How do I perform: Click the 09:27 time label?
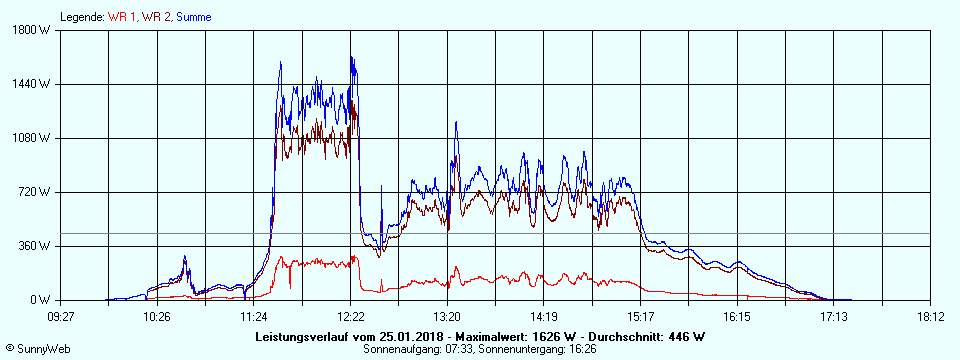click(x=61, y=316)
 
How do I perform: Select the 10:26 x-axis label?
click(x=157, y=316)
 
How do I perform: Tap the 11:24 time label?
click(x=254, y=316)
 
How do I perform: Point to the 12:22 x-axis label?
click(x=351, y=316)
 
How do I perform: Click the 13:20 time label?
click(x=447, y=316)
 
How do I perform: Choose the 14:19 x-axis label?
click(x=544, y=316)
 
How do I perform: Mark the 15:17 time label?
click(x=641, y=316)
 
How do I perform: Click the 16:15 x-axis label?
click(x=737, y=316)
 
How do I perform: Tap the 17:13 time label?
click(x=834, y=316)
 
